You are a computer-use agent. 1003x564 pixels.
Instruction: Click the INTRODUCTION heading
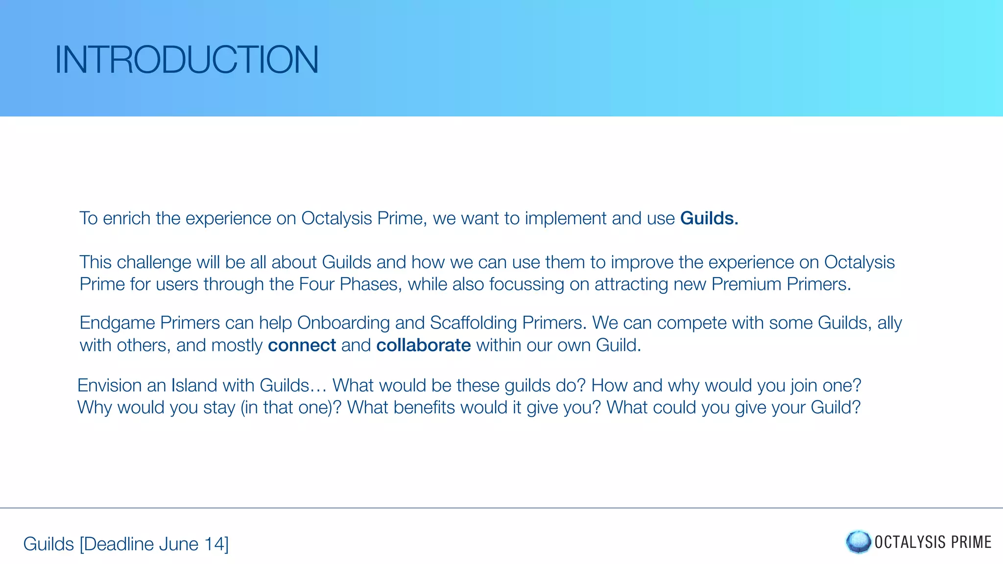187,60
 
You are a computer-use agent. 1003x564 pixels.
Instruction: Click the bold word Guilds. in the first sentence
709,218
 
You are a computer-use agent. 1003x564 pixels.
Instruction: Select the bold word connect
302,346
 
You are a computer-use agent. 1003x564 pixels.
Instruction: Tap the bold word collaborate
423,346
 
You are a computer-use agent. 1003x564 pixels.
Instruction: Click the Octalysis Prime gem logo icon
858,542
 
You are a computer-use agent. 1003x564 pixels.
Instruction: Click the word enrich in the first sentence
126,218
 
